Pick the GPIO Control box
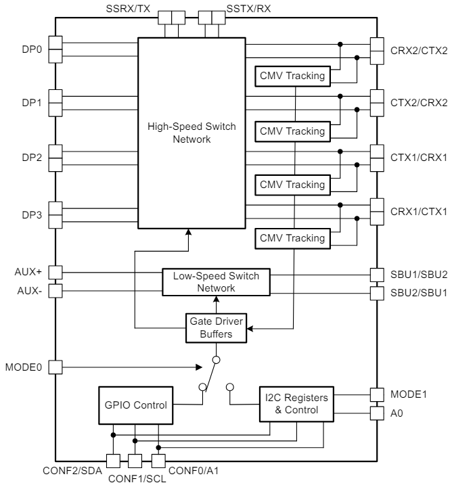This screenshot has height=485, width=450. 135,405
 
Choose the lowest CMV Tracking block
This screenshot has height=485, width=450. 290,238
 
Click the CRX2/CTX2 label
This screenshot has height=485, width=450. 419,49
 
